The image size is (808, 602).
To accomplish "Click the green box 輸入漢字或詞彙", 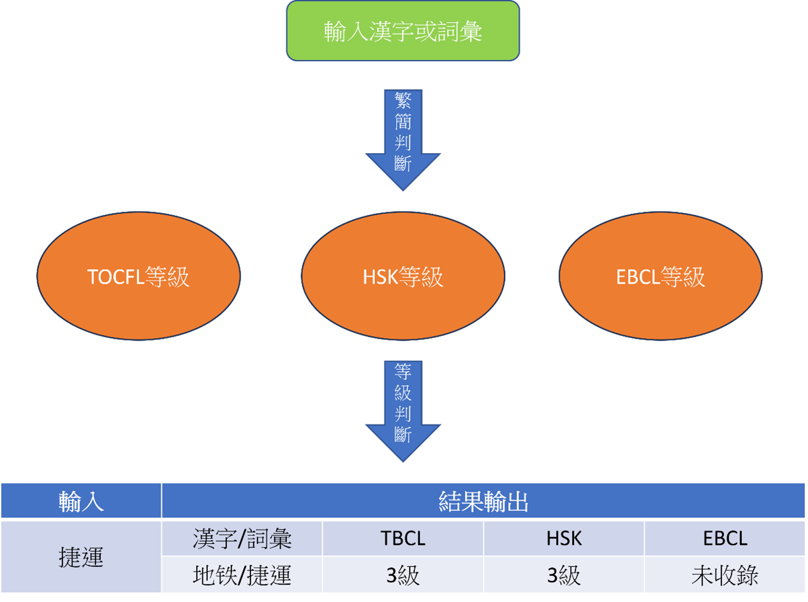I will (402, 31).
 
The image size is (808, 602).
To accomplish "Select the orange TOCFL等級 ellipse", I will (138, 276).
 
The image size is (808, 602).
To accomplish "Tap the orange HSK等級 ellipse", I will (402, 276).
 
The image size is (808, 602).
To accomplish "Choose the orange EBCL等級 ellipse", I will (661, 276).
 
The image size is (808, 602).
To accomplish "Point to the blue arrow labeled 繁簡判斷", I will (402, 137).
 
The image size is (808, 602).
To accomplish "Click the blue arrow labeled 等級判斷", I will (402, 408).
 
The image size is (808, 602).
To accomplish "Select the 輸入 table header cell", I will (81, 501).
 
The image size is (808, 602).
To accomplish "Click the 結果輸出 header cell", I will (483, 501).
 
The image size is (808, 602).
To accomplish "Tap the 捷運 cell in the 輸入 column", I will (81, 557).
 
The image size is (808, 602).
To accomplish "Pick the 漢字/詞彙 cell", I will (242, 539).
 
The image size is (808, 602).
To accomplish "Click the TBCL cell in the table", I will (402, 539).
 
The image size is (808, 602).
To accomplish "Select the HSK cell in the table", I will (564, 539).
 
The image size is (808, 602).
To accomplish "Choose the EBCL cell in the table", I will (725, 539).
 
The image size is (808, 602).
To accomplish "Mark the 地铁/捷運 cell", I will (242, 575).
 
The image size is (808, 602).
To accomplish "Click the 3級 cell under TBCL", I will (402, 575).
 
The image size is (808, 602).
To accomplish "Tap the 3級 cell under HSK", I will (564, 575).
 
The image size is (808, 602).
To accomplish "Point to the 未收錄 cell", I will (725, 575).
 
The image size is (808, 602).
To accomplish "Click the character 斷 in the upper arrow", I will (402, 163).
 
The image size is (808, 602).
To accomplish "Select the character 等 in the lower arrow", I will (402, 371).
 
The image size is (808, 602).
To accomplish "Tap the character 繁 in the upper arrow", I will (402, 100).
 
